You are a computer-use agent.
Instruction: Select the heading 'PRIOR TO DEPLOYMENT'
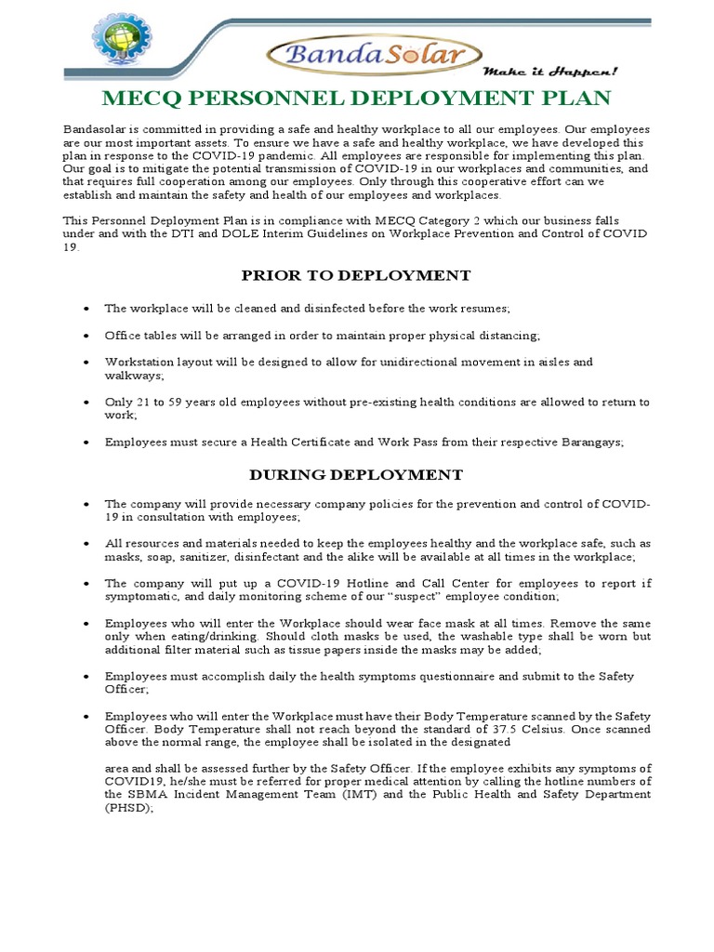point(356,275)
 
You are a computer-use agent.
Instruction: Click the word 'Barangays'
point(590,443)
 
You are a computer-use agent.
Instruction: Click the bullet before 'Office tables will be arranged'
point(86,335)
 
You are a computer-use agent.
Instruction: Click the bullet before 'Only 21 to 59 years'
point(86,403)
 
